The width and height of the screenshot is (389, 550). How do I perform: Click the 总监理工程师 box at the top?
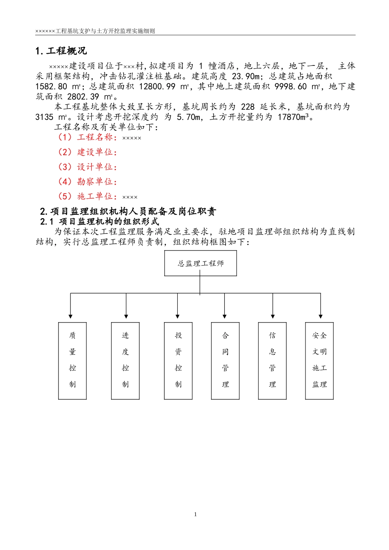tap(200, 263)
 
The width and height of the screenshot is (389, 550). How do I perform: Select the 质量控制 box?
tap(72, 361)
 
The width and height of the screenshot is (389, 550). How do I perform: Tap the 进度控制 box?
tap(125, 361)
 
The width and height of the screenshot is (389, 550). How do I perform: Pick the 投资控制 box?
tap(178, 361)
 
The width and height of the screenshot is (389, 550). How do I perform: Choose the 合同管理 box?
tap(225, 361)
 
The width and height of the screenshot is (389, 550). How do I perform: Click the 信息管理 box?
tap(272, 361)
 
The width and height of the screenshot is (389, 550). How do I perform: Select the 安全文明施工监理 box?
tap(319, 361)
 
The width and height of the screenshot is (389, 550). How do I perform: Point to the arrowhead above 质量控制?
tap(70, 316)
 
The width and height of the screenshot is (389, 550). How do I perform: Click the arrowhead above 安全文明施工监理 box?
tap(321, 316)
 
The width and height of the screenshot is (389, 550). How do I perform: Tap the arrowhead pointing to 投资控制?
tap(177, 316)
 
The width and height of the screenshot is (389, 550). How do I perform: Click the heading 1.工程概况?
tap(61, 51)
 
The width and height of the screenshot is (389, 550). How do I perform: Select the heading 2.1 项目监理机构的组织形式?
tap(100, 222)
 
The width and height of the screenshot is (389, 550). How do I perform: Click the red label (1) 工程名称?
tap(87, 137)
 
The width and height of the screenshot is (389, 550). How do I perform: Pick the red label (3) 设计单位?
tap(87, 167)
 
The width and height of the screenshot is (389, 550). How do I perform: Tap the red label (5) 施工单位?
tap(87, 196)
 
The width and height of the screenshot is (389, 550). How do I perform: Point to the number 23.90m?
tap(246, 77)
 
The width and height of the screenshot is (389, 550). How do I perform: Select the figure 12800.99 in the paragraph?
tap(157, 87)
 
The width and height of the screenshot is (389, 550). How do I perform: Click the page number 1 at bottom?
tap(195, 514)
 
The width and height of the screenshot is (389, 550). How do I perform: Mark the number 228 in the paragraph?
tap(248, 107)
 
